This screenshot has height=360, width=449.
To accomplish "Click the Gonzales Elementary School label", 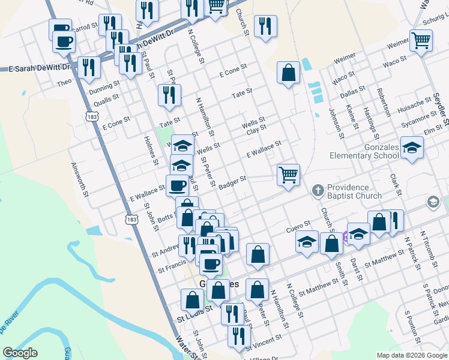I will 364,151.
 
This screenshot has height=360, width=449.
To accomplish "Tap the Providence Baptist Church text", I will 355,191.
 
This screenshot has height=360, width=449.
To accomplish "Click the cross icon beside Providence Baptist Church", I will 318,191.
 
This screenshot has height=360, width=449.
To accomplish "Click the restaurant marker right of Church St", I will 265,26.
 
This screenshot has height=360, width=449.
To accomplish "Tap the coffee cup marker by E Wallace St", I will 177,185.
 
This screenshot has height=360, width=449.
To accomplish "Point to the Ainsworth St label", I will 80,180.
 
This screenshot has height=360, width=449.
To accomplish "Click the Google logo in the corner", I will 20,353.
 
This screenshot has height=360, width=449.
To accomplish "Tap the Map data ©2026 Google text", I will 412,355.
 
